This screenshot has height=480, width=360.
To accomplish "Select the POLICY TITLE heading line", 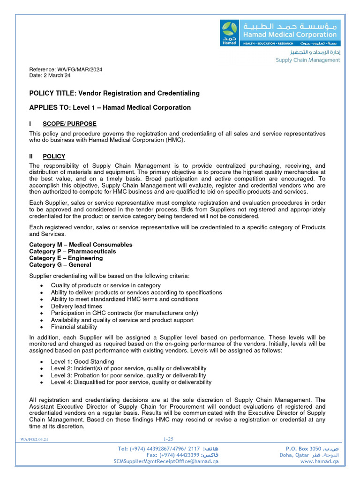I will [x=114, y=93].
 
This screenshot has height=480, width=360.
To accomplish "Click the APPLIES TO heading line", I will [x=110, y=107].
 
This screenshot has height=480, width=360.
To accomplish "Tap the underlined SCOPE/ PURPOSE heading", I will [x=69, y=124].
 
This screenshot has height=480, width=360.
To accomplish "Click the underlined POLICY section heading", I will [x=54, y=157].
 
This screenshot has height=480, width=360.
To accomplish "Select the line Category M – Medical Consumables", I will [x=81, y=245].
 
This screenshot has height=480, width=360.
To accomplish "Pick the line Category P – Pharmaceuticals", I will [x=72, y=251].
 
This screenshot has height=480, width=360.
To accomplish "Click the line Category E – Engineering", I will [x=66, y=258].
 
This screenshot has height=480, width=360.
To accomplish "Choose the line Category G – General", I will [x=60, y=265].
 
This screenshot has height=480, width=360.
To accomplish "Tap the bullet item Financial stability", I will [x=74, y=327].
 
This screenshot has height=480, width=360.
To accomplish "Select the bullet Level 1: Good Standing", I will [x=82, y=361].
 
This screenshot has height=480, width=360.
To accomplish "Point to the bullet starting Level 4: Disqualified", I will [x=131, y=382].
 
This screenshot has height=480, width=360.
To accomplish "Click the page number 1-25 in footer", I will [x=168, y=439].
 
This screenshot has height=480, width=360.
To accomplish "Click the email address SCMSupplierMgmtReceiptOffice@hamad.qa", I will [x=166, y=461].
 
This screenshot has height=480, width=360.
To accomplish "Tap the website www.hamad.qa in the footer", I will [x=319, y=461].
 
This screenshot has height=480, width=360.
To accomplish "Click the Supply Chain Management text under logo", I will [x=307, y=60].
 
